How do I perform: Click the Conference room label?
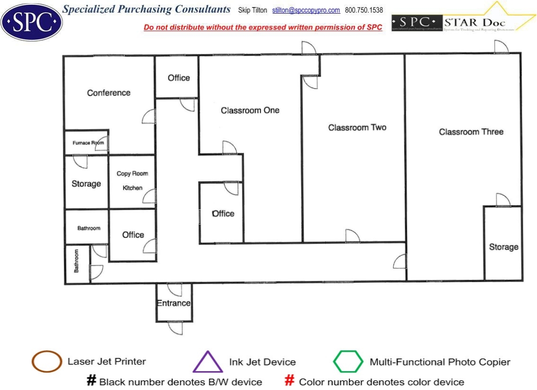point(109,93)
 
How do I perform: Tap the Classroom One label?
point(250,110)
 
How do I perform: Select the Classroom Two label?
point(357,128)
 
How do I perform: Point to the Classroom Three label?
point(471,132)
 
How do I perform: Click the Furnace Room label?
point(88,143)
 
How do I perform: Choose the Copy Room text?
point(132,173)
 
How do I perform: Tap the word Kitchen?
point(132,188)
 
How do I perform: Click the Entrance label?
point(174,303)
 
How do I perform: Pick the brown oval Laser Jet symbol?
point(47,362)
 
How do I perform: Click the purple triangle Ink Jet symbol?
point(208,363)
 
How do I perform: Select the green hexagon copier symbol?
point(348,362)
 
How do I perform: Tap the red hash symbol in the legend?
point(290,381)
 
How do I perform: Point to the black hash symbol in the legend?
point(91,381)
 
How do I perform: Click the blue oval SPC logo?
point(32,22)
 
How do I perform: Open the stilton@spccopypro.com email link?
point(306,10)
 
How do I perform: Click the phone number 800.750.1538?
point(364,10)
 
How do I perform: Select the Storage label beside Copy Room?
point(86,184)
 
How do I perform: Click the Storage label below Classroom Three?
point(504,247)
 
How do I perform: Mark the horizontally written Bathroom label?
point(89,228)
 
